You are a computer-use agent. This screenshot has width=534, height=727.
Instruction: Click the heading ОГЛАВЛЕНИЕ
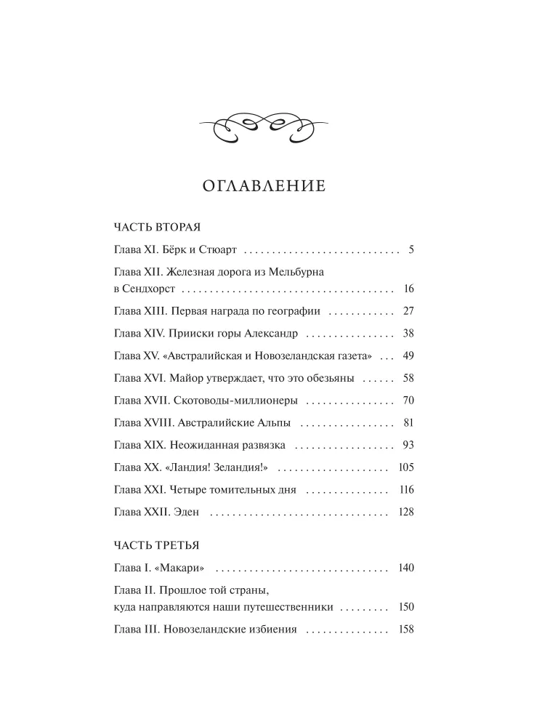point(263,186)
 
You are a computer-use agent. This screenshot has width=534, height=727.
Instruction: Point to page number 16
point(408,289)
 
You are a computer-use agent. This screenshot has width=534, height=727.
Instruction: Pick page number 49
point(407,356)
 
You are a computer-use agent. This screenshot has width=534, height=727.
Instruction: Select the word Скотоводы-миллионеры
point(236,401)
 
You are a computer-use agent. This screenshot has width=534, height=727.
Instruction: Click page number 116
point(405,489)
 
